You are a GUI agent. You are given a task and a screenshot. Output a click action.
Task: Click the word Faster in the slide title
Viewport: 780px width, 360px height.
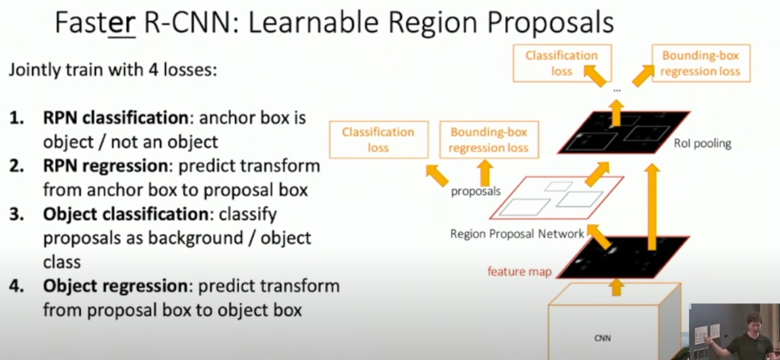coord(95,23)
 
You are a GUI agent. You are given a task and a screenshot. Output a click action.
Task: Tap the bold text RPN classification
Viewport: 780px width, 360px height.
coord(115,118)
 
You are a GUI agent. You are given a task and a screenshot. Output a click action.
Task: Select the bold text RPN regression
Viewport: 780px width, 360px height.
coord(105,166)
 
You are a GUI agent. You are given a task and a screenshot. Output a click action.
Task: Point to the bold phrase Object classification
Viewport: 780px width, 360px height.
coord(125,214)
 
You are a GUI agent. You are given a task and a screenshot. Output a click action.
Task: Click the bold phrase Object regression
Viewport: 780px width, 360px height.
coord(115,286)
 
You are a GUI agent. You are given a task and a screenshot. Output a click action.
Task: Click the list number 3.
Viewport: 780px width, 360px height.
coord(16,214)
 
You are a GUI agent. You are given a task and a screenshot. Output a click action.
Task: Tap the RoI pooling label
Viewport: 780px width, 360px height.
coord(702,144)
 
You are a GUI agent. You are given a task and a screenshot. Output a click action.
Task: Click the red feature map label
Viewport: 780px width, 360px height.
coord(519,272)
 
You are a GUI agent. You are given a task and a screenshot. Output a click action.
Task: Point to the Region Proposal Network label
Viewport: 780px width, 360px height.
coord(517,234)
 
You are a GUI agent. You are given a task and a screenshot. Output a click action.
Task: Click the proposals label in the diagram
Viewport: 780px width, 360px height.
coord(475,191)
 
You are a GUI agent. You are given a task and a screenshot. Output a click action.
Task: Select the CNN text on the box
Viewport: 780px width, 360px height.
coord(602,338)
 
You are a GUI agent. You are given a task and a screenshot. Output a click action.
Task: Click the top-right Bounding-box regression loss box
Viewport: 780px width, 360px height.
coord(700,63)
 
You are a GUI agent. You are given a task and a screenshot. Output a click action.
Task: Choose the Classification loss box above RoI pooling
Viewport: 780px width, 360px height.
coord(561,63)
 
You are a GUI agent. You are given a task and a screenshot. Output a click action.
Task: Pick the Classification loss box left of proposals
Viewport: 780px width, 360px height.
coord(378,140)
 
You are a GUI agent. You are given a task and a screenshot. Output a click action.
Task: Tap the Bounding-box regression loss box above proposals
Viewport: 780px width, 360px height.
coord(489,140)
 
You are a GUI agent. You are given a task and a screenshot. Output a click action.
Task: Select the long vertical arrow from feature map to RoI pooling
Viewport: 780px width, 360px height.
coord(652,207)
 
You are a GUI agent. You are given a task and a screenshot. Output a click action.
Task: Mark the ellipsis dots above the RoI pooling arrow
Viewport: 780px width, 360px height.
coord(617,90)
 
